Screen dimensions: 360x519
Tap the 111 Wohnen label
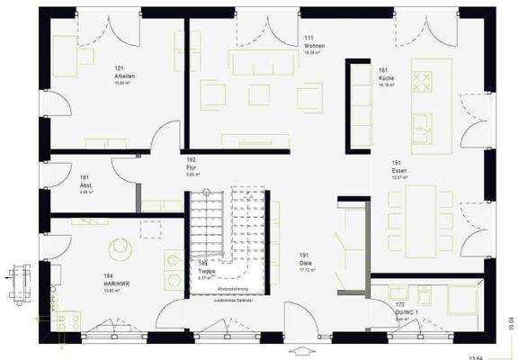point(313,44)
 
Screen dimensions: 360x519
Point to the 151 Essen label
point(400,170)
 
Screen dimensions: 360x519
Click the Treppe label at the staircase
point(206,270)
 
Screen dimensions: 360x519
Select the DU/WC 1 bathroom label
point(404,309)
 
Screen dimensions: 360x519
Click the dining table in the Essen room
point(417,214)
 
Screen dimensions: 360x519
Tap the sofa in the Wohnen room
point(262,60)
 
